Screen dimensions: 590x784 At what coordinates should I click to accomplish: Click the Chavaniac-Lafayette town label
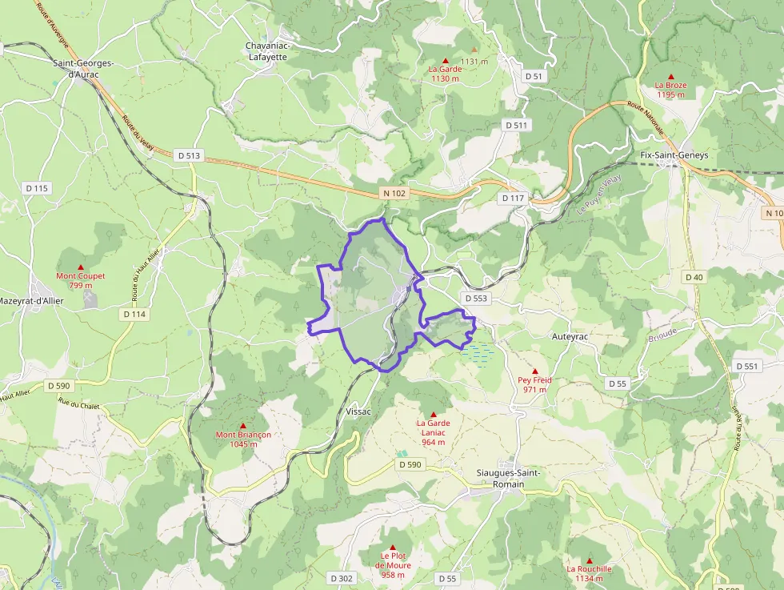[x=268, y=51]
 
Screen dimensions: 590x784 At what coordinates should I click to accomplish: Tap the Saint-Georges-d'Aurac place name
[x=83, y=68]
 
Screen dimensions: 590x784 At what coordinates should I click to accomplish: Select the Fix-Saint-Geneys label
[x=674, y=155]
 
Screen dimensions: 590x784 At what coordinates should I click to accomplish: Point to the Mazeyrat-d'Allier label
[x=30, y=301]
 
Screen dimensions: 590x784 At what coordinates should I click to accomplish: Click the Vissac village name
[x=358, y=411]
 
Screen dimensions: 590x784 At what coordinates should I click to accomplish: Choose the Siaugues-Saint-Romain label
[x=508, y=478]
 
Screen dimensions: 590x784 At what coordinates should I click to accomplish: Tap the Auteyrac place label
[x=570, y=337]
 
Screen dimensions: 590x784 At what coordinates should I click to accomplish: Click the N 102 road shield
[x=394, y=193]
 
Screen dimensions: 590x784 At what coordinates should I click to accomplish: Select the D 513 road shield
[x=188, y=155]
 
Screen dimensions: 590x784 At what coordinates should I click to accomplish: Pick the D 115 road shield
[x=37, y=188]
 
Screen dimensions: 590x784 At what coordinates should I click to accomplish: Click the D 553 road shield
[x=475, y=298]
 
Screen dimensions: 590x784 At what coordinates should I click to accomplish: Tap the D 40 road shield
[x=694, y=276]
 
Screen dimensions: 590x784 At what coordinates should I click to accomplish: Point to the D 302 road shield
[x=341, y=578]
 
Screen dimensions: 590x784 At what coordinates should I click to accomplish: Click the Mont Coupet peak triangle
[x=81, y=267]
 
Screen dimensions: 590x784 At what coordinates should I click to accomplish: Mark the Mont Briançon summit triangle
[x=243, y=426]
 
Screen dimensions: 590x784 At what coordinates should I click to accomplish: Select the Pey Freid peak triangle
[x=535, y=371]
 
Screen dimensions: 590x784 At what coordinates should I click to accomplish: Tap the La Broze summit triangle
[x=670, y=76]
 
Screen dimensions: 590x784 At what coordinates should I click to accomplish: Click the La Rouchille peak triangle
[x=590, y=560]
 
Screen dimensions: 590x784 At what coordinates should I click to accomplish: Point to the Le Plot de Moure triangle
[x=393, y=548]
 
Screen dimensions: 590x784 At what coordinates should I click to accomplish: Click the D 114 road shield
[x=135, y=315]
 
